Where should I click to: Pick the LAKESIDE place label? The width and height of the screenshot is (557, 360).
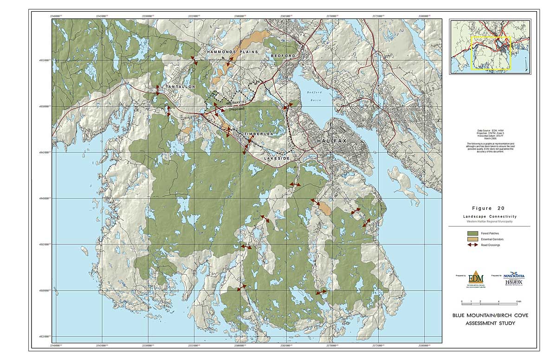(277, 159)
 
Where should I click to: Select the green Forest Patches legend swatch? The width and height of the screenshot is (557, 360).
(473, 233)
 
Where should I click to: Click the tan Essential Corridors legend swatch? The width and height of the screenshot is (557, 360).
(473, 239)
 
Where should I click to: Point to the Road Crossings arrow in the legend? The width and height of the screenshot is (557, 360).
(473, 245)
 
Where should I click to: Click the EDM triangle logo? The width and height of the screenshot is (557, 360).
(473, 278)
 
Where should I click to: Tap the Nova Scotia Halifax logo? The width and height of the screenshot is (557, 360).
(514, 279)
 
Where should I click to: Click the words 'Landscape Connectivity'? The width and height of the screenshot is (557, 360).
(489, 217)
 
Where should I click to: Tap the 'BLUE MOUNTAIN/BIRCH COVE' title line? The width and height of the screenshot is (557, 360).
(490, 315)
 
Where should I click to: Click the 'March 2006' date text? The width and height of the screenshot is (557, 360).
(491, 138)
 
